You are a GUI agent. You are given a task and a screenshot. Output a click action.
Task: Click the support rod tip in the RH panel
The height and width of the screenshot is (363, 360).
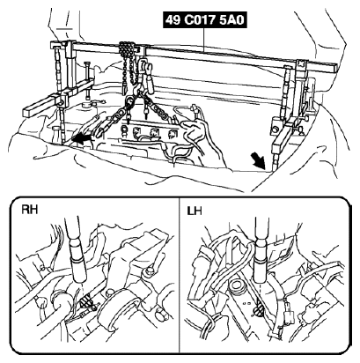[81, 280]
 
